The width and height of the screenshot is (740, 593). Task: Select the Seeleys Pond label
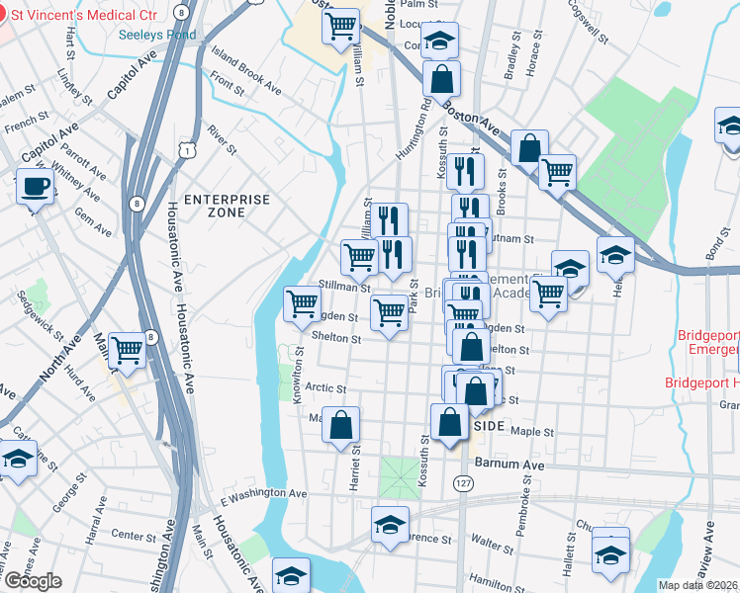click(156, 35)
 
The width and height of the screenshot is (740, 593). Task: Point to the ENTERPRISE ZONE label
click(227, 206)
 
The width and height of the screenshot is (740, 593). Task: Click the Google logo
click(33, 581)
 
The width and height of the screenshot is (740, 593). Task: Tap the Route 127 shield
click(462, 483)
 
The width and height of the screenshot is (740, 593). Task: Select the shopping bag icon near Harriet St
click(341, 425)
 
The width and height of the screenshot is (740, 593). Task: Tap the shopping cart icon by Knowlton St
click(302, 303)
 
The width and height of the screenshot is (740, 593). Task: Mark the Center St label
click(128, 535)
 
